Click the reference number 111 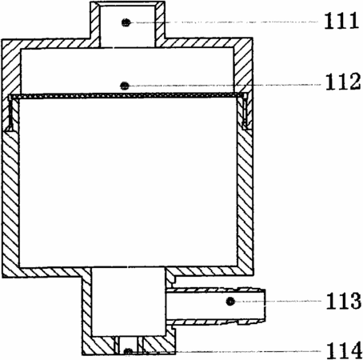point(341,21)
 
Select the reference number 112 point(343,82)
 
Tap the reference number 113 point(344,301)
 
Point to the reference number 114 point(344,350)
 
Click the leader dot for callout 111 point(126,22)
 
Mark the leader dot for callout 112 point(125,86)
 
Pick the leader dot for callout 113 point(230,302)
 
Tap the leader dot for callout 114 point(128,352)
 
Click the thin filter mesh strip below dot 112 point(127,96)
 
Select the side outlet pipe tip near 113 point(264,305)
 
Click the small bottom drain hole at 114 point(128,346)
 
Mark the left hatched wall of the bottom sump point(86,310)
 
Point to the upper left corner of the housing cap point(2,39)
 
